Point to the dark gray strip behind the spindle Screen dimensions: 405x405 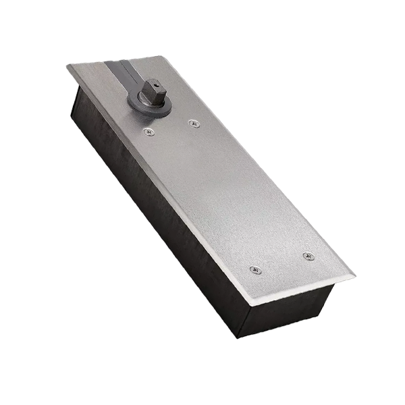(122, 71)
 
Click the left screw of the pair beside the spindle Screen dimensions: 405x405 (149, 132)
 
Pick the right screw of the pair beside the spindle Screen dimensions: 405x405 (194, 124)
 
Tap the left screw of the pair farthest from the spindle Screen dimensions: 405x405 (255, 269)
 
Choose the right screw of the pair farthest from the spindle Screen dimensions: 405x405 (308, 256)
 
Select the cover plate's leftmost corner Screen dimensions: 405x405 (67, 66)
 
